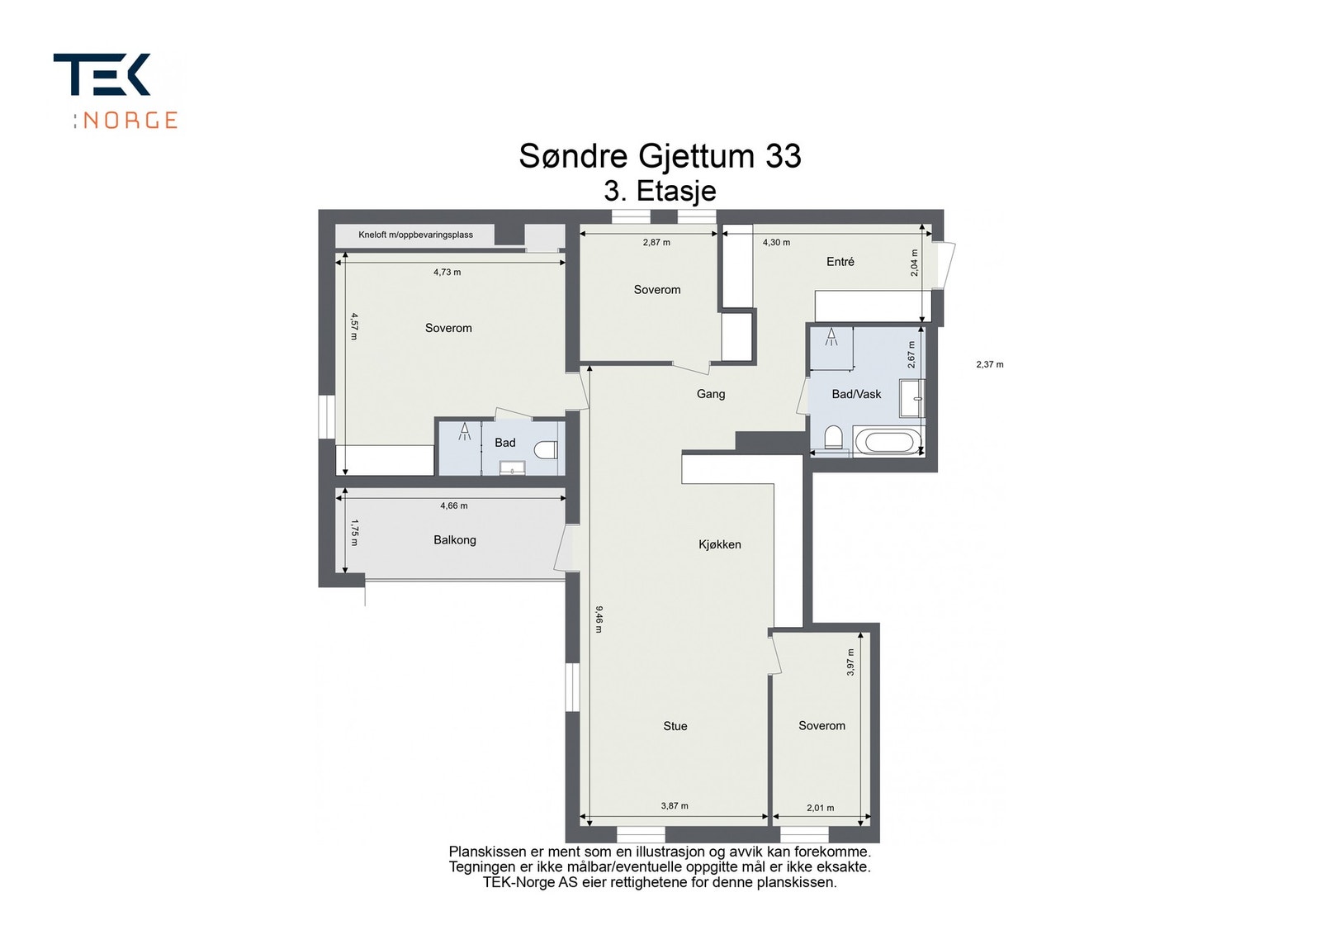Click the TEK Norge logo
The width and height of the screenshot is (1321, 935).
[116, 91]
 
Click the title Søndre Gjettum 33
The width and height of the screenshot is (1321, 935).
[660, 156]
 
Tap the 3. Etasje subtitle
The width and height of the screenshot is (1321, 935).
[660, 192]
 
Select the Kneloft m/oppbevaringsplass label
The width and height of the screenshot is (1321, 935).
[415, 235]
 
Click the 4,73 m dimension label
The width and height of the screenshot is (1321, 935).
[447, 273]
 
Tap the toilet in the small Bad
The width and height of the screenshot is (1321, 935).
[545, 450]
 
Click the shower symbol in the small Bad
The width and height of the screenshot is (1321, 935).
[465, 430]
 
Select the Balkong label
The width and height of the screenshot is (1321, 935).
[455, 540]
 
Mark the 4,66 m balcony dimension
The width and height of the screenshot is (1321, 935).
[453, 505]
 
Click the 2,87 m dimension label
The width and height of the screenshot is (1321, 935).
[656, 243]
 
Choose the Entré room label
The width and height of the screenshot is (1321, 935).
[840, 262]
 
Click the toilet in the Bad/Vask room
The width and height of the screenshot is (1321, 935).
[833, 437]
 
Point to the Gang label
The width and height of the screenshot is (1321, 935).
[711, 394]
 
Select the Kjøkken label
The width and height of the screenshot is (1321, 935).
[720, 545]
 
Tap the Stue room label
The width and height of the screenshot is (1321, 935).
[675, 727]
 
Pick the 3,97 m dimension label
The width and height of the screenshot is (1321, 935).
[851, 662]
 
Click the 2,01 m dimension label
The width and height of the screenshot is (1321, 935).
[820, 809]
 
